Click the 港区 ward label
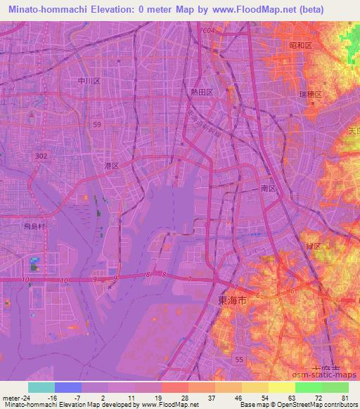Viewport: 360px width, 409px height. pos(111,166)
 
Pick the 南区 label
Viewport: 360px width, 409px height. pos(267,189)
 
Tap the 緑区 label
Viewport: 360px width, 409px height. pos(312,247)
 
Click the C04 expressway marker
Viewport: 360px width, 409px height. pos(207,32)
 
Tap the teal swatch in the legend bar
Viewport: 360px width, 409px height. pos(41,387)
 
